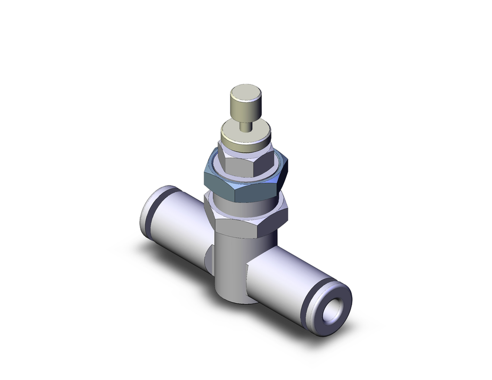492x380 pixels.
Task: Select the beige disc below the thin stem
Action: point(245,134)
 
